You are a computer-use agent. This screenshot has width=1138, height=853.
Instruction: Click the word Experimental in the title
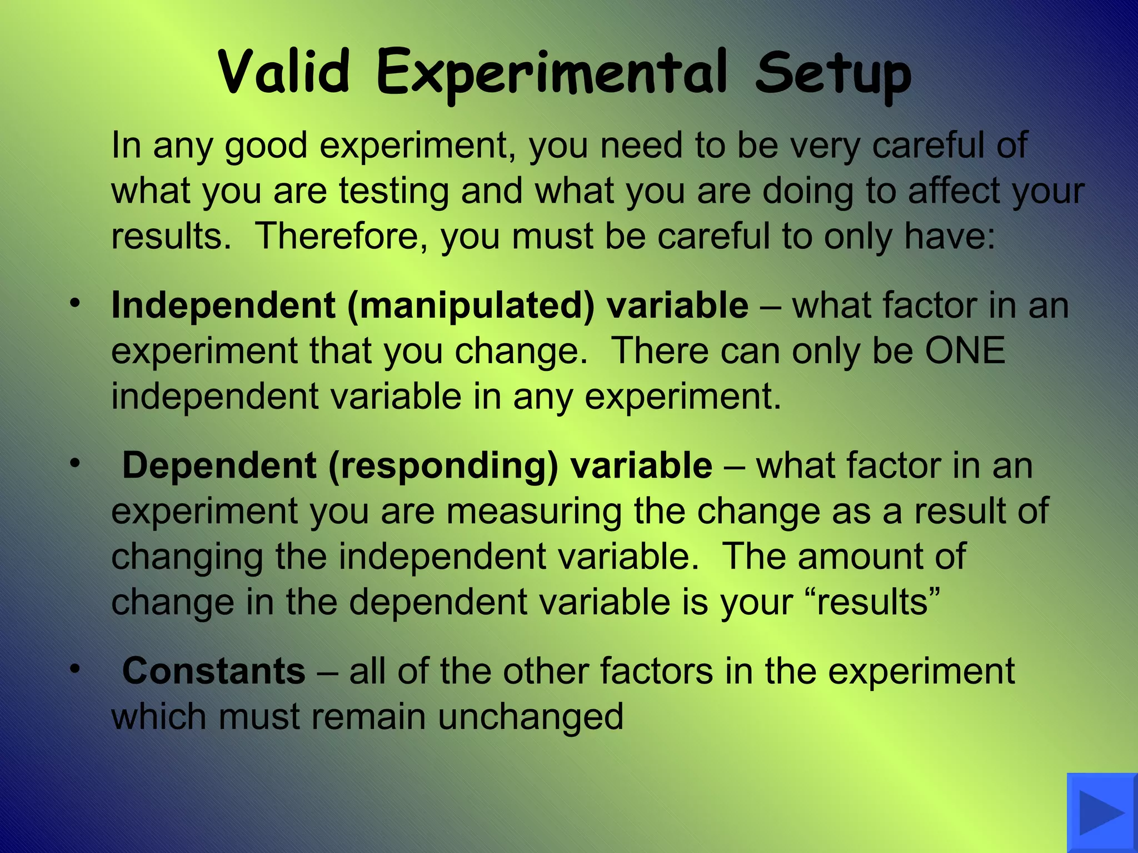[551, 75]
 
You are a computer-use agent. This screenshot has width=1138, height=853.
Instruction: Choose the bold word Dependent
[219, 465]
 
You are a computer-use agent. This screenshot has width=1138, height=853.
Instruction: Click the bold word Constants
[213, 671]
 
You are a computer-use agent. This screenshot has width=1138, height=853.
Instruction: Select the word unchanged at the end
[530, 717]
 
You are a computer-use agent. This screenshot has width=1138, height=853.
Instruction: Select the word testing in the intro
[394, 191]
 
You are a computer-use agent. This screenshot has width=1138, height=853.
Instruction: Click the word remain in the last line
[372, 717]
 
